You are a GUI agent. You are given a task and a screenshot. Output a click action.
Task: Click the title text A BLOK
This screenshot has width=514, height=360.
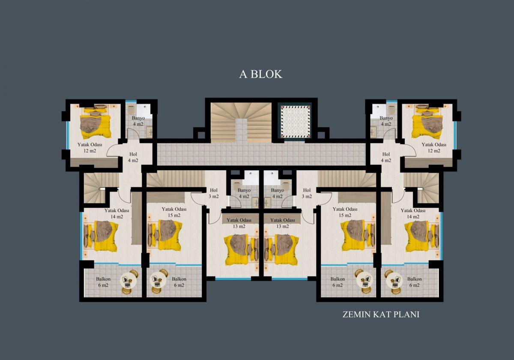tap(261, 74)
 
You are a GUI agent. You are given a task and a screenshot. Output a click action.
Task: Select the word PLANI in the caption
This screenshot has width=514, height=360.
tap(406, 314)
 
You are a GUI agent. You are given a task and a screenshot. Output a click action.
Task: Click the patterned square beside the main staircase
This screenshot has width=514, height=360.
tap(296, 122)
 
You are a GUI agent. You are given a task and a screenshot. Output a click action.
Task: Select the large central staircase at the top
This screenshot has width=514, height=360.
tap(242, 123)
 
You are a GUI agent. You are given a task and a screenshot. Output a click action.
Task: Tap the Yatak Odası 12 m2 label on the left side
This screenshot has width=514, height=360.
tap(90, 147)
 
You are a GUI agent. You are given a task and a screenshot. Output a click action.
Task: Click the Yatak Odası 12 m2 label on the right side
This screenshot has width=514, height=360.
tap(434, 147)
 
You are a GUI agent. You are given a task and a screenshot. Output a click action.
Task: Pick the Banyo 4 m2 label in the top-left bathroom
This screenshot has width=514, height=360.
tap(138, 121)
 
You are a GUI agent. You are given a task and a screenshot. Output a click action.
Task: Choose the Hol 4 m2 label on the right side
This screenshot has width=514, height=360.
tap(386, 157)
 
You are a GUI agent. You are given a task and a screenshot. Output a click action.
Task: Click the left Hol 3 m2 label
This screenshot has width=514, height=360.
tap(214, 193)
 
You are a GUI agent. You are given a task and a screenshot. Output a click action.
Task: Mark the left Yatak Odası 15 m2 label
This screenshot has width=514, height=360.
tap(174, 212)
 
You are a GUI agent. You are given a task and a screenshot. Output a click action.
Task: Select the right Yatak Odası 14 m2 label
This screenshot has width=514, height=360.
tap(413, 213)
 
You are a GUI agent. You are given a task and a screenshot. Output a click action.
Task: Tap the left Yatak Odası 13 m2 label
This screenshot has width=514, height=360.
tap(239, 223)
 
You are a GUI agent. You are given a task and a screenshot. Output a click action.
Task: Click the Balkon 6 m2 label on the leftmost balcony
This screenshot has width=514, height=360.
tap(103, 282)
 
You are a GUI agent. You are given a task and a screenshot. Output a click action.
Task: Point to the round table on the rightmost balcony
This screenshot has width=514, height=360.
tap(394, 282)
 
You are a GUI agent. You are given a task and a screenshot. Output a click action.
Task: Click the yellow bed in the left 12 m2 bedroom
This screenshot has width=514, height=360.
tap(96, 123)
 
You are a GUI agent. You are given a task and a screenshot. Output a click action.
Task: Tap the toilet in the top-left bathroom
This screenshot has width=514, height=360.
tap(131, 110)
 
